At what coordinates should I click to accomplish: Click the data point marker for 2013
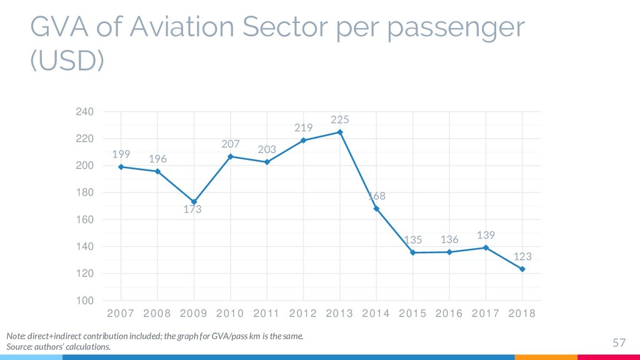(340, 132)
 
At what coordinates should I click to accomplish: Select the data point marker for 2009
(194, 202)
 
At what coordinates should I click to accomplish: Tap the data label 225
(340, 119)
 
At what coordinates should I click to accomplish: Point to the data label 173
(192, 210)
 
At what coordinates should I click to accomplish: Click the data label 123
(522, 257)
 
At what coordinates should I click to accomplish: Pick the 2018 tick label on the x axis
(522, 314)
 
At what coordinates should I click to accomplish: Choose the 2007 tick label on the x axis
(121, 314)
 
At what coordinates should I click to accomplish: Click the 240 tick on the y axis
(84, 112)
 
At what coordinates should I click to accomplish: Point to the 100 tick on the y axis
(84, 301)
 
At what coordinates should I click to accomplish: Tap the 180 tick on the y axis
(84, 192)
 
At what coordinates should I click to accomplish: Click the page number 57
(619, 342)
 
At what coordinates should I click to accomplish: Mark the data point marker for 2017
(486, 247)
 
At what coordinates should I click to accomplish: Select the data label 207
(231, 144)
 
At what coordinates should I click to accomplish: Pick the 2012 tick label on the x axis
(303, 314)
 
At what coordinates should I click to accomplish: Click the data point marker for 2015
(413, 252)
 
